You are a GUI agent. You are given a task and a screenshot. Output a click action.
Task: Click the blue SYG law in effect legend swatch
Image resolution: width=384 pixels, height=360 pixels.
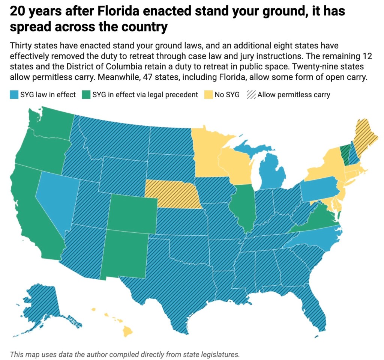pos(13,95)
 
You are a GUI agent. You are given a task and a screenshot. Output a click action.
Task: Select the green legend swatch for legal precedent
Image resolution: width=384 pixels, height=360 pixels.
pos(85,95)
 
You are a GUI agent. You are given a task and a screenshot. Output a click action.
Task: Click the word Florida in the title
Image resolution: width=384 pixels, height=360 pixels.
pos(120,12)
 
